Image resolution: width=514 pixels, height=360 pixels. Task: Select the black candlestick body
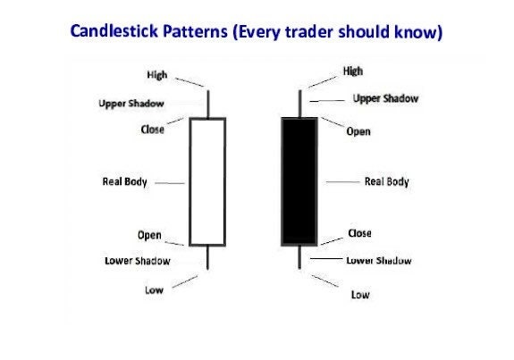pos(299,180)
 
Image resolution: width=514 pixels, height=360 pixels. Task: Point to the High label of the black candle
pos(353,71)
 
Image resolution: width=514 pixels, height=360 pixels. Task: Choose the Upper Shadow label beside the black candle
pos(385,98)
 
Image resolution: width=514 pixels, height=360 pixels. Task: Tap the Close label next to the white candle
pos(153,129)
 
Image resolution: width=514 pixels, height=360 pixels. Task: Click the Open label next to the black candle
pos(358,131)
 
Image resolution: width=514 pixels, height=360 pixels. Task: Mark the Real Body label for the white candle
pos(126,182)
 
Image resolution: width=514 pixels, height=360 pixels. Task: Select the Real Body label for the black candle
pos(386,181)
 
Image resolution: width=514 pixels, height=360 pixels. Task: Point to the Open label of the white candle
pos(149,236)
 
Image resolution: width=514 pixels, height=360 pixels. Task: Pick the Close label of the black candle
pos(358,233)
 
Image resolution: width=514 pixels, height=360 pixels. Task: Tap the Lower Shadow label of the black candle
pos(379,261)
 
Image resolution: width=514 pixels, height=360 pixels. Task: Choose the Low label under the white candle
pos(154,289)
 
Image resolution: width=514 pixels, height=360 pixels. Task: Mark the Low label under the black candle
pos(360,294)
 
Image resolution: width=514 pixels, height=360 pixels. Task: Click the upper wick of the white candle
pos(207,103)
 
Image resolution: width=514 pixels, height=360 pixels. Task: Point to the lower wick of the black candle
pos(299,258)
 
